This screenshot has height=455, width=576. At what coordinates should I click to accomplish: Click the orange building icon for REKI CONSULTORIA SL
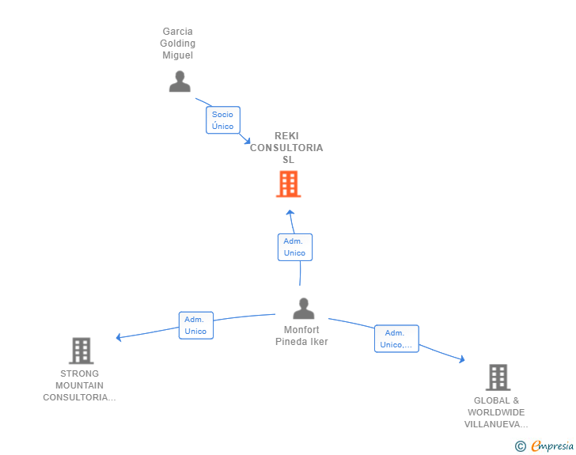(288, 184)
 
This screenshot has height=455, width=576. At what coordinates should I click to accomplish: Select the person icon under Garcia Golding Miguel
(180, 82)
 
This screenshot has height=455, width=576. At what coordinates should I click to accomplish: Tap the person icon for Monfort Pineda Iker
(304, 308)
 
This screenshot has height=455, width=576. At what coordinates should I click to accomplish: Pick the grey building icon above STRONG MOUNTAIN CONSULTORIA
(81, 351)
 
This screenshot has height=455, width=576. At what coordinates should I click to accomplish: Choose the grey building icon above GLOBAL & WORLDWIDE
(498, 377)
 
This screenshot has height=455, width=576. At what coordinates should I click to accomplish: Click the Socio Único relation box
(223, 120)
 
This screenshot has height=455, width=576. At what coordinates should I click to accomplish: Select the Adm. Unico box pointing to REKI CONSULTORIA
(295, 247)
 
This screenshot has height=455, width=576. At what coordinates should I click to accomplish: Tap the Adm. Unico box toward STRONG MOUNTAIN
(196, 325)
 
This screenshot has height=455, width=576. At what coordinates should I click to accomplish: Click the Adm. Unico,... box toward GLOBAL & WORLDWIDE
(396, 339)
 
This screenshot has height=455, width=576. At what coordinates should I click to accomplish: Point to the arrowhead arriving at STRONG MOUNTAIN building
(119, 337)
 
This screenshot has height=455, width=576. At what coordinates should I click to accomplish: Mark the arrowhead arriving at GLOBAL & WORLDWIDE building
(463, 359)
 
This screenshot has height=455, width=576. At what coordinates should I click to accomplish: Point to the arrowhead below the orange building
(290, 212)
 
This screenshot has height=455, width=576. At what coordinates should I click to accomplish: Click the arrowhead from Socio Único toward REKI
(248, 141)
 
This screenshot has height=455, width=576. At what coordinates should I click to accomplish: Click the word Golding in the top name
(177, 44)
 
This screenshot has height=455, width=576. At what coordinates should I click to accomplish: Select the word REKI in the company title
(286, 136)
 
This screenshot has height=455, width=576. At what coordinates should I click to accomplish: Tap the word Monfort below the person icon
(301, 330)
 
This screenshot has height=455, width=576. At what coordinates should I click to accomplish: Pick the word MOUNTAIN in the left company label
(79, 385)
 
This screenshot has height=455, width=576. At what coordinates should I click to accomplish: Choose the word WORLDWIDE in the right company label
(496, 412)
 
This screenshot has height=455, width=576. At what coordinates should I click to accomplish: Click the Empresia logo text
(552, 446)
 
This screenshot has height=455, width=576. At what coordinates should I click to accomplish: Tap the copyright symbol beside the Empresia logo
(520, 446)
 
